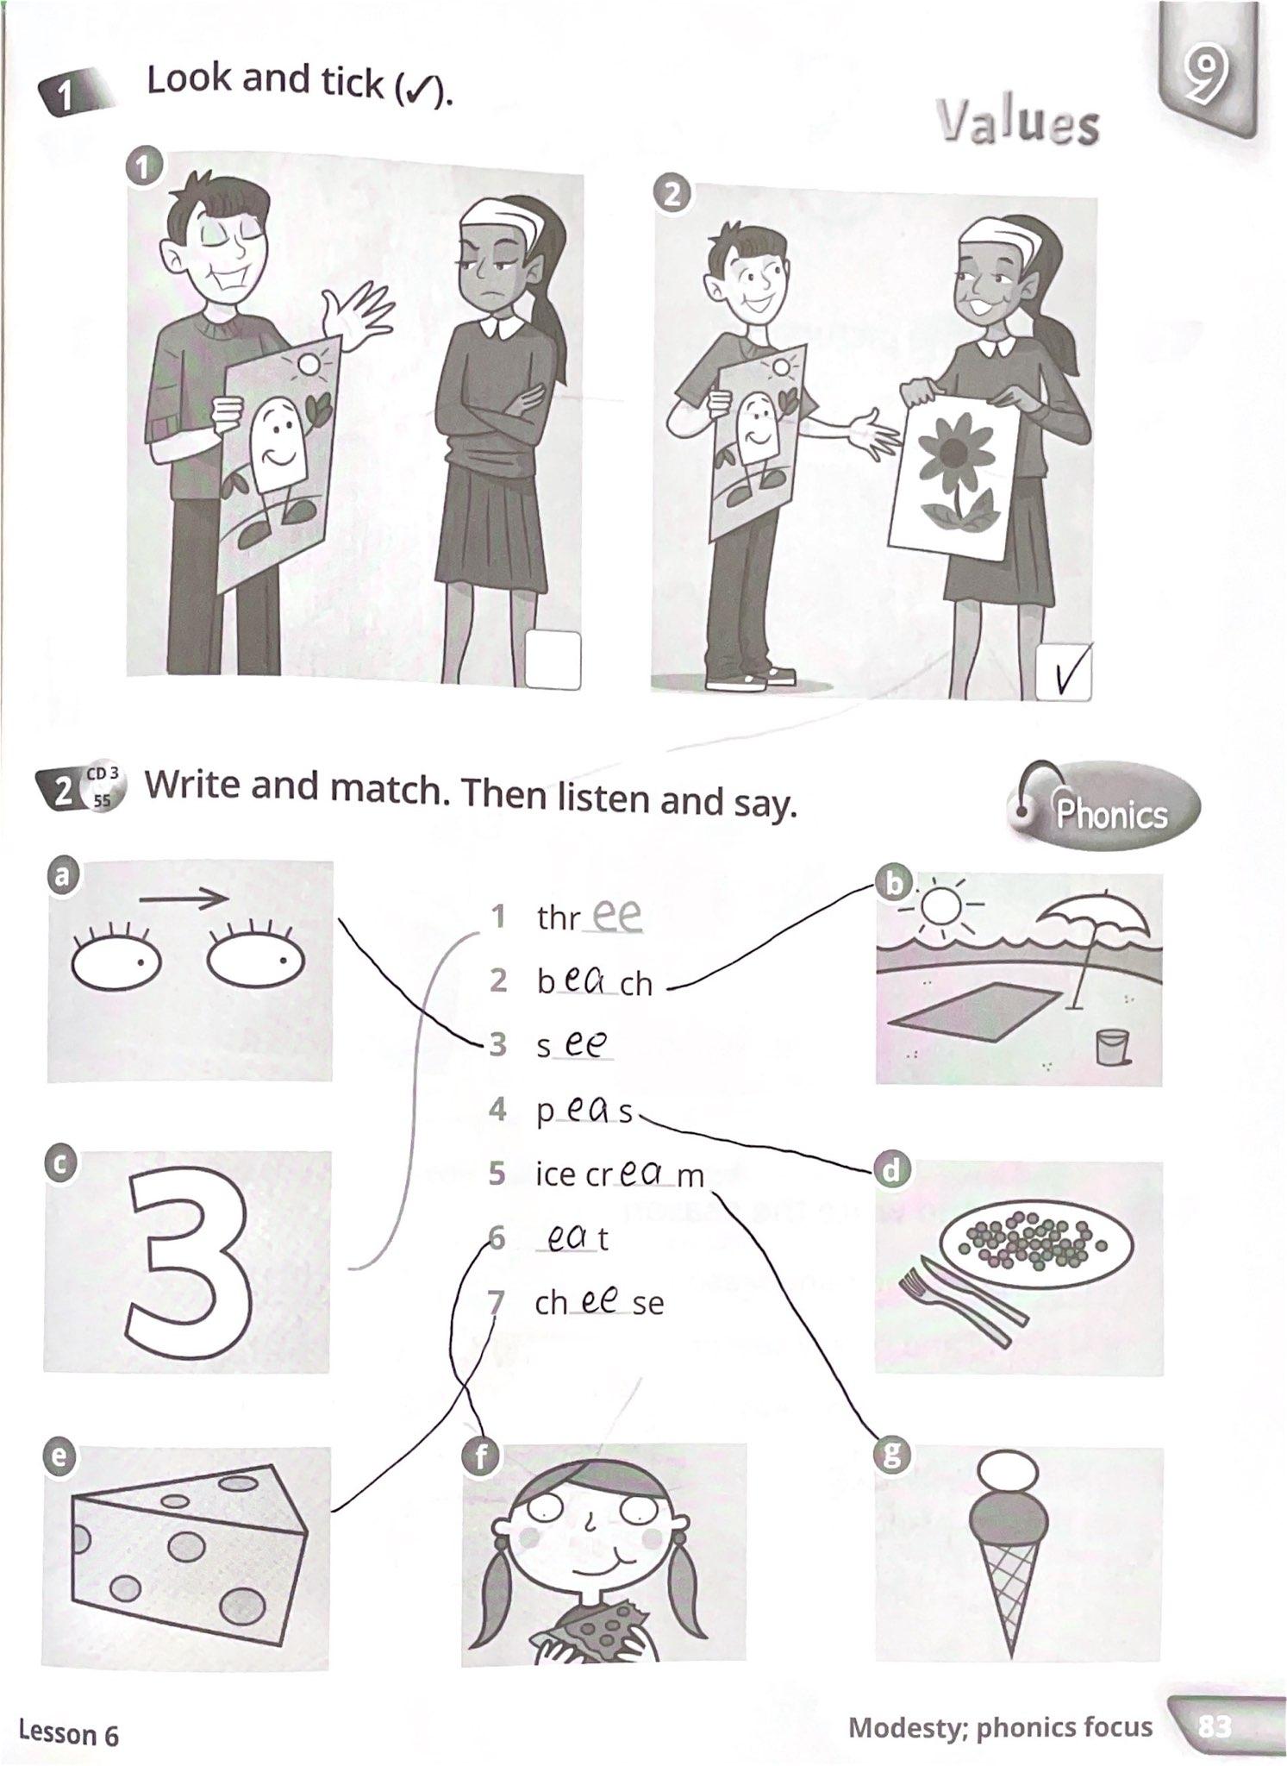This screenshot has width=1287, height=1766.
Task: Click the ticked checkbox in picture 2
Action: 1064,672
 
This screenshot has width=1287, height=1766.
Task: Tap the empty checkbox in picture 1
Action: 553,661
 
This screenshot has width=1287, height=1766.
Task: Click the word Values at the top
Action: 1018,122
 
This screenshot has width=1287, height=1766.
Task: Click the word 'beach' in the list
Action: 595,981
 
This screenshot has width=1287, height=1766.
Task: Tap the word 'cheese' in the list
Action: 599,1301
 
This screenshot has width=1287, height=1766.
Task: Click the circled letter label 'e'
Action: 59,1456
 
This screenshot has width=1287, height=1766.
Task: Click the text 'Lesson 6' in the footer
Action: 69,1732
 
